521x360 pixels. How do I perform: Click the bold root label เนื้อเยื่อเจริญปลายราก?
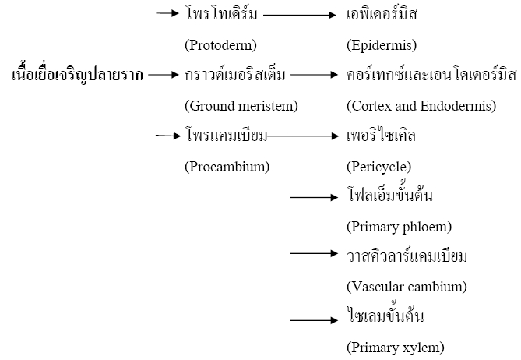point(77,74)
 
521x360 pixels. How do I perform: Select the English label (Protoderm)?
point(220,45)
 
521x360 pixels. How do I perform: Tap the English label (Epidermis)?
point(382,45)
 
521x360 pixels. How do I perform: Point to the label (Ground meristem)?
point(241,106)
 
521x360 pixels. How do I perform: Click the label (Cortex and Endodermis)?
point(421,106)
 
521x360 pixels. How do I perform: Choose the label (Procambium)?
point(227,167)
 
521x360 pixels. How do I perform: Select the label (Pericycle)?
point(378,167)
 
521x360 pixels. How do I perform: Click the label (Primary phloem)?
point(399,227)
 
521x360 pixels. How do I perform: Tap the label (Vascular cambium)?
point(407,287)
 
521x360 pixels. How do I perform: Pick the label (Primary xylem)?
point(396,348)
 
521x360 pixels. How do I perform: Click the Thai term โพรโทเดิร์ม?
point(221,14)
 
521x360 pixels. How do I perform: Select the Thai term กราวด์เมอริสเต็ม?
point(235,75)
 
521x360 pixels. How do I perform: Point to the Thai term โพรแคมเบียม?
point(227,136)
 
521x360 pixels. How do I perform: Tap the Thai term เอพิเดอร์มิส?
point(382,14)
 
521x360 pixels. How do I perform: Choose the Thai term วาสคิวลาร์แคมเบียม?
point(407,256)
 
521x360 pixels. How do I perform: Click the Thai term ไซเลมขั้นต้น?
point(385,316)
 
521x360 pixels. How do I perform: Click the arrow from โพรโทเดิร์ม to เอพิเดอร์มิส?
point(300,15)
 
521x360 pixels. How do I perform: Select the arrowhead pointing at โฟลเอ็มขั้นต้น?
point(334,197)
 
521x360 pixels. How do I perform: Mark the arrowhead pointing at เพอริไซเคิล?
point(334,136)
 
